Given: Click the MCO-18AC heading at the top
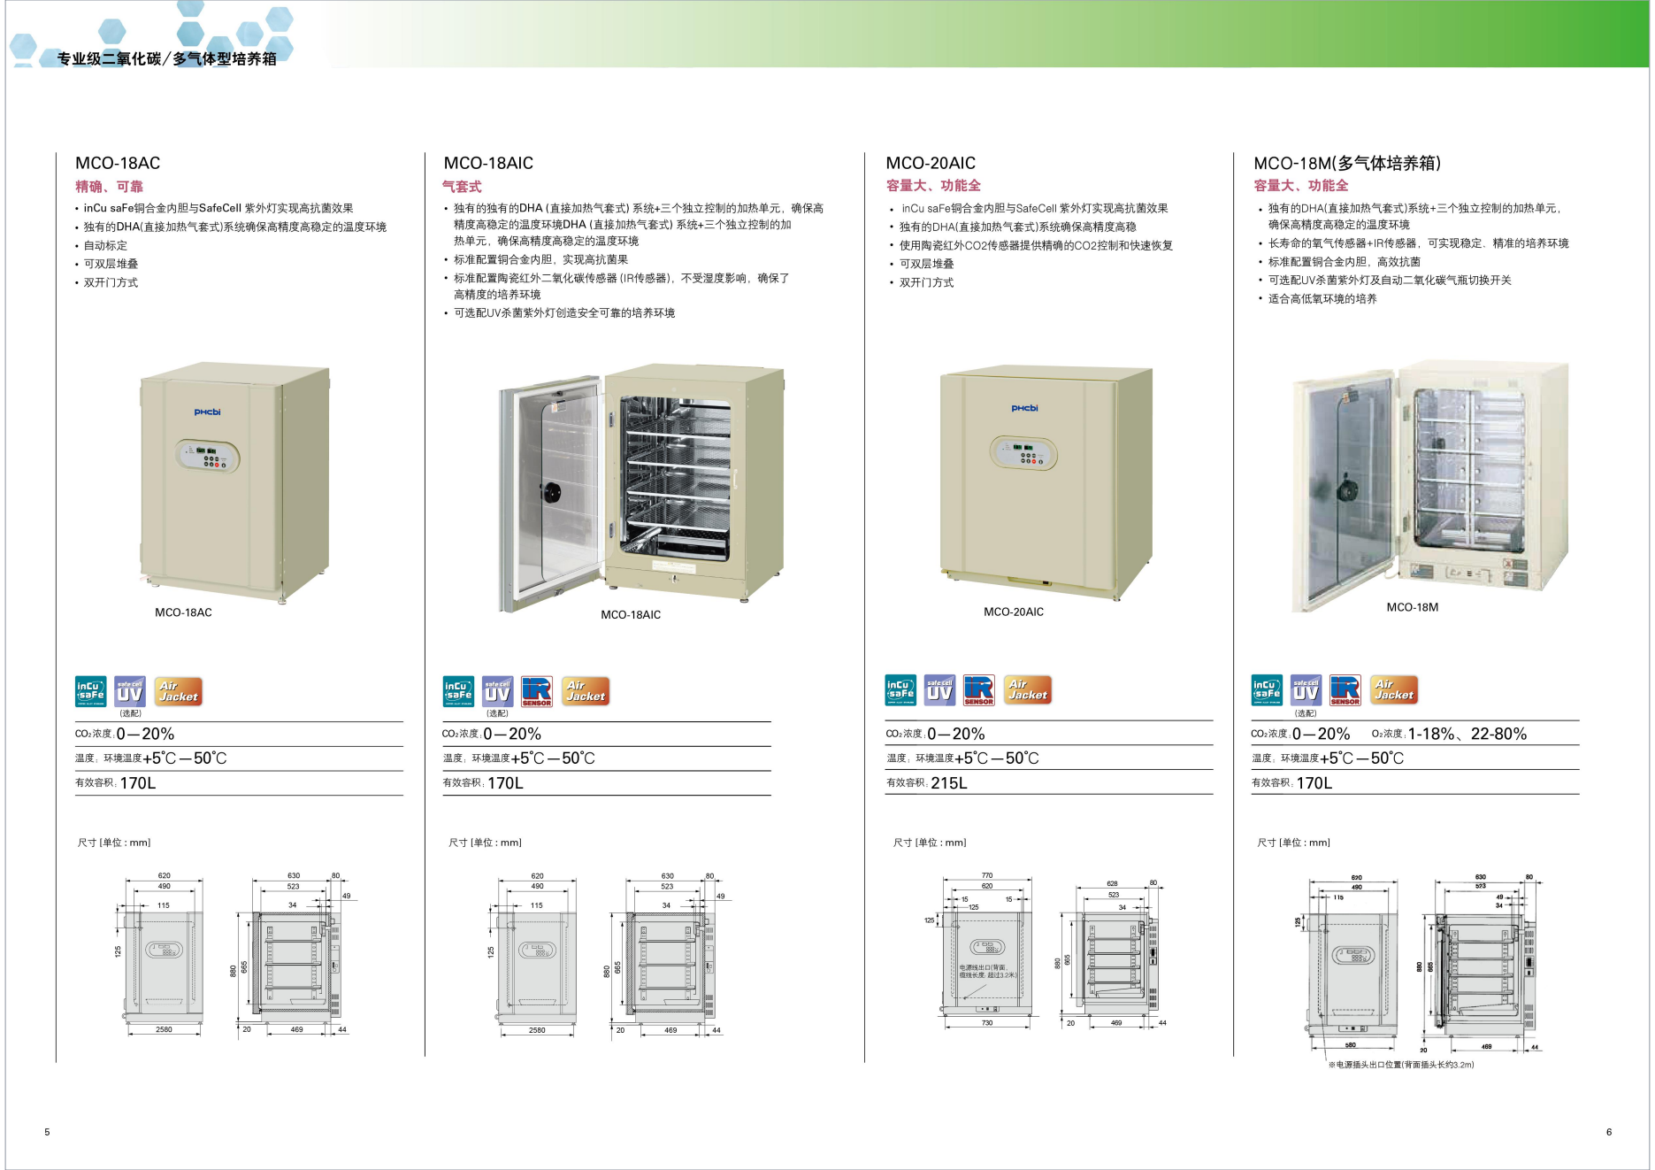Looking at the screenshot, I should pyautogui.click(x=118, y=163).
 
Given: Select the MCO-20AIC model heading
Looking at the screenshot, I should pyautogui.click(x=931, y=163).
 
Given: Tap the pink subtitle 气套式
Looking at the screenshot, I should pyautogui.click(x=462, y=187).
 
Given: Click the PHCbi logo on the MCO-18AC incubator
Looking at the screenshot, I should pyautogui.click(x=208, y=412).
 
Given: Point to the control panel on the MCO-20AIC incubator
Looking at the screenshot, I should pyautogui.click(x=1023, y=453).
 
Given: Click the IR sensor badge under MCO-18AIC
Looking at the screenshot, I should pyautogui.click(x=537, y=691).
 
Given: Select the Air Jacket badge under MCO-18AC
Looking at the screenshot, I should pyautogui.click(x=178, y=691).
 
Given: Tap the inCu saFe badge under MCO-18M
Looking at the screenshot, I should pyautogui.click(x=1267, y=690).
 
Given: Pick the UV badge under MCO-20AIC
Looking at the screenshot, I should pyautogui.click(x=939, y=690).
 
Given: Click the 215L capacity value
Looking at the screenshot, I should pyautogui.click(x=948, y=783).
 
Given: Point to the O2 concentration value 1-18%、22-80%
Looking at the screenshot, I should pyautogui.click(x=1467, y=734).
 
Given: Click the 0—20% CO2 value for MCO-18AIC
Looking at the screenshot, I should pyautogui.click(x=512, y=735).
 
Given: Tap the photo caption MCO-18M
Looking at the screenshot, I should pyautogui.click(x=1412, y=607).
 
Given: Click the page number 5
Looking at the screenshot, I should pyautogui.click(x=47, y=1132).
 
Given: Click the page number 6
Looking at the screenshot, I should pyautogui.click(x=1608, y=1132).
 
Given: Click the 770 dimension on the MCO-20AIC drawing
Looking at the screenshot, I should pyautogui.click(x=986, y=875).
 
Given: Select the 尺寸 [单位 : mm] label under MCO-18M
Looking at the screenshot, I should pyautogui.click(x=1293, y=843).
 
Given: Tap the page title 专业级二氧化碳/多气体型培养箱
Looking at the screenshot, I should pyautogui.click(x=167, y=59).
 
